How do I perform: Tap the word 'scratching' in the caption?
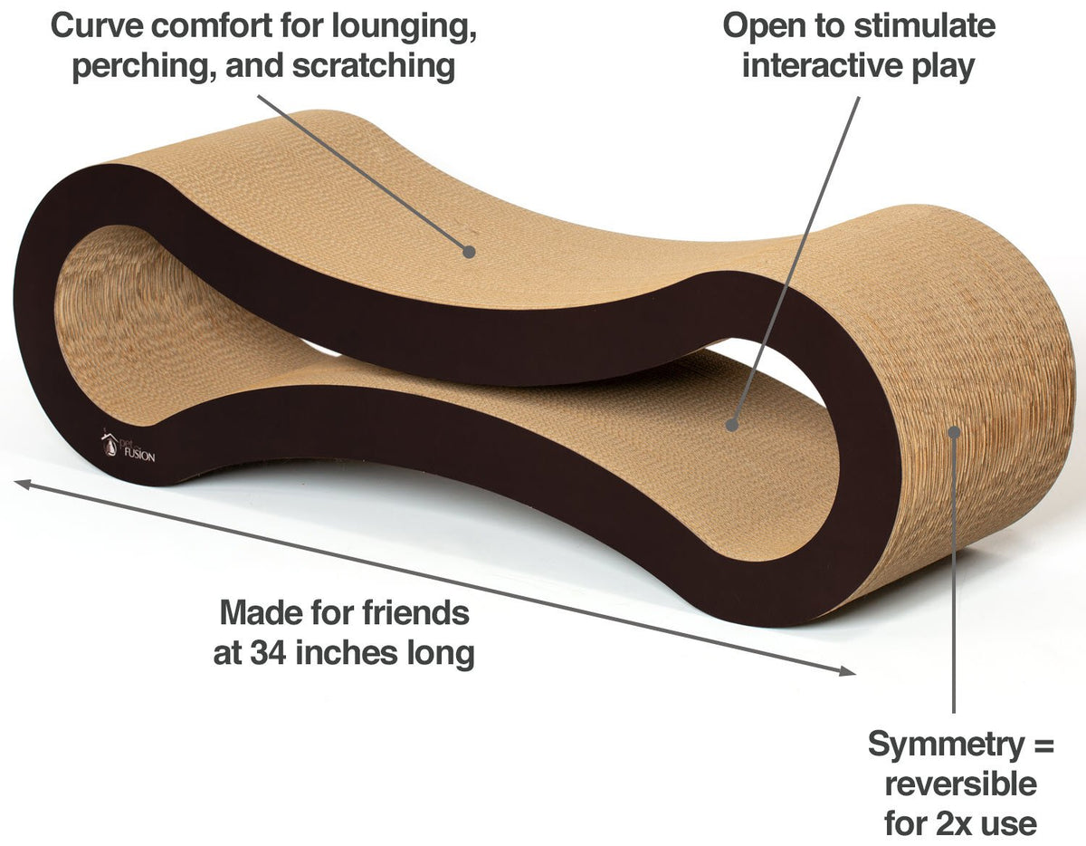[x=374, y=66]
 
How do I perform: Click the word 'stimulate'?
[x=924, y=26]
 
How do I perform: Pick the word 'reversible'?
[x=960, y=784]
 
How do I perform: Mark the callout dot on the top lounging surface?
[x=468, y=252]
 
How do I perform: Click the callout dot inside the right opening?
[x=731, y=425]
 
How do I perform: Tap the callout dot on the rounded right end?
[x=954, y=432]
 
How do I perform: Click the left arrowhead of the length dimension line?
[x=23, y=484]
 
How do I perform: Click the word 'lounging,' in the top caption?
[x=404, y=27]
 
